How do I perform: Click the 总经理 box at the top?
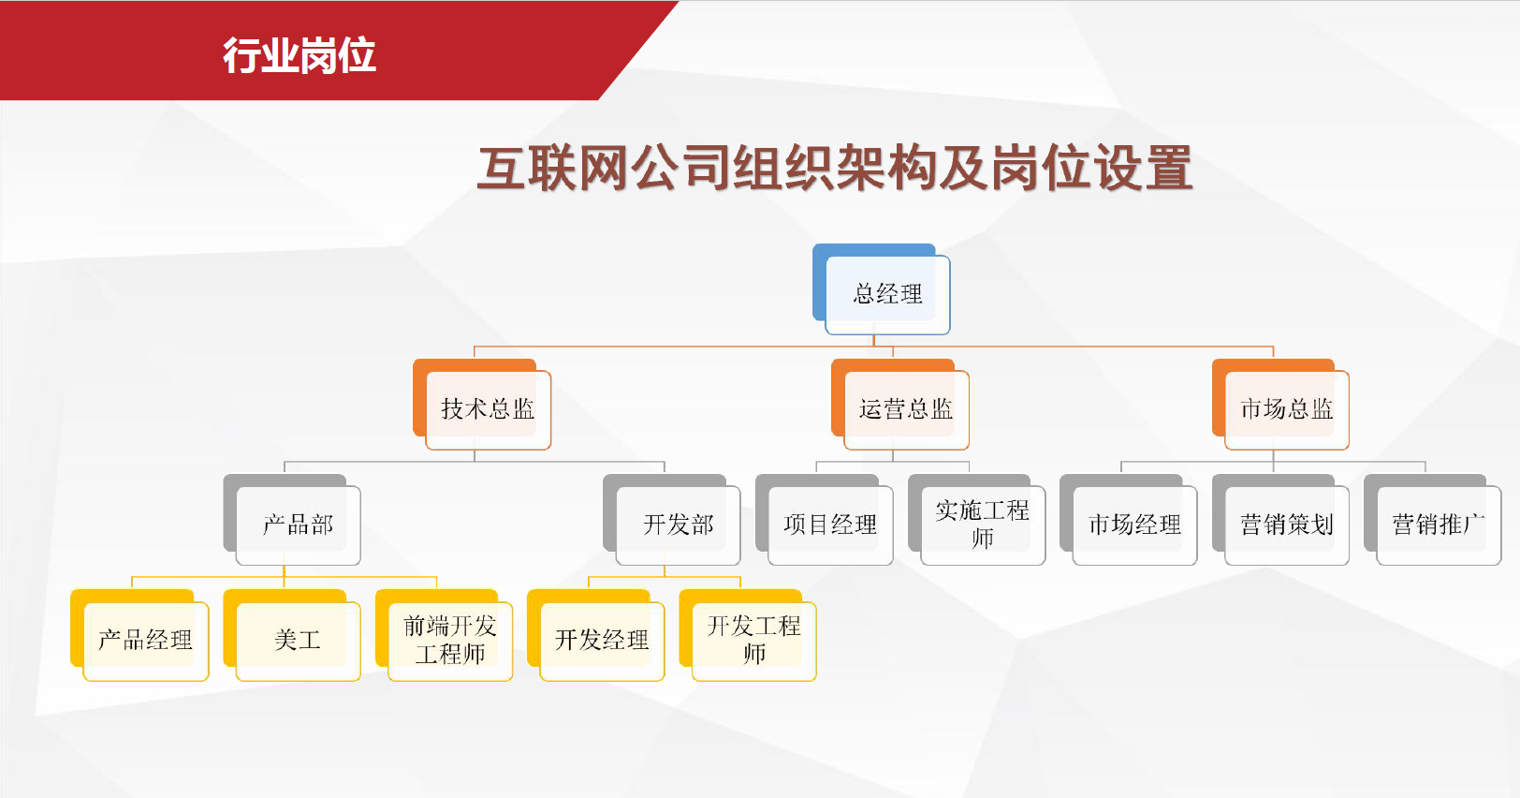tap(882, 289)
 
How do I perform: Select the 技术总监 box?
tap(482, 405)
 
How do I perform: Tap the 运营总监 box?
tap(900, 405)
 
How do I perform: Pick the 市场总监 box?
tap(1280, 405)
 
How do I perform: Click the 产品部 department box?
tap(292, 520)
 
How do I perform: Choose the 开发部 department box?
tap(672, 520)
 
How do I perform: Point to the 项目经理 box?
tap(825, 520)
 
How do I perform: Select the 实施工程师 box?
tap(976, 520)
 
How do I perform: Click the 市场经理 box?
tap(1129, 520)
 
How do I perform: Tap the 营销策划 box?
tap(1280, 520)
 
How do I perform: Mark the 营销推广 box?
tap(1432, 520)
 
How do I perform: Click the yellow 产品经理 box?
tap(139, 636)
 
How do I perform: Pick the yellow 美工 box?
tap(292, 636)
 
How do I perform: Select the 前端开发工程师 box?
tap(444, 636)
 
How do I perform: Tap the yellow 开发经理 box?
tap(596, 636)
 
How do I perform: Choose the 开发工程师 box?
tap(748, 636)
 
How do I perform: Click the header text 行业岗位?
tap(300, 55)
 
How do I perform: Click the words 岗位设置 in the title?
tap(1091, 169)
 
